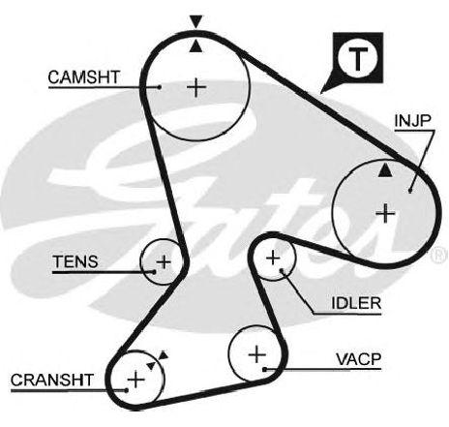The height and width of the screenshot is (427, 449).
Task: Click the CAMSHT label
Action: click(84, 77)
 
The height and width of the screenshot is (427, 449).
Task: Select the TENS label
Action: click(75, 261)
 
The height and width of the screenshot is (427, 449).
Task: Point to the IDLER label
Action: click(356, 303)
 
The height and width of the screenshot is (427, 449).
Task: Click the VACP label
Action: click(358, 359)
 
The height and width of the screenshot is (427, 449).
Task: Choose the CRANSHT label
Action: click(52, 381)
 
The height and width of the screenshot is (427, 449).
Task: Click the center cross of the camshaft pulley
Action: click(196, 87)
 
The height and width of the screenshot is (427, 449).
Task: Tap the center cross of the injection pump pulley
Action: click(385, 213)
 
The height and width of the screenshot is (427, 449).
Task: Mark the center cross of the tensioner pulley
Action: click(164, 261)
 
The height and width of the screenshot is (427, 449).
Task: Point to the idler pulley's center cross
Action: click(273, 258)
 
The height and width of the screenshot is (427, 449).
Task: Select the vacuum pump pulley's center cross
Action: click(257, 354)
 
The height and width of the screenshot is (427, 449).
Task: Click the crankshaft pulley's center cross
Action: click(135, 380)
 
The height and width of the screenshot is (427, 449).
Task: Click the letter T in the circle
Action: click(358, 59)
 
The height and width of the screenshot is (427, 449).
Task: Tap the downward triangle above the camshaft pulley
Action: click(196, 21)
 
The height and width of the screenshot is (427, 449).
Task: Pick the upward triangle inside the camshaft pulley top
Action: click(195, 46)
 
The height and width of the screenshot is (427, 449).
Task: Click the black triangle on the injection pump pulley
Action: click(385, 170)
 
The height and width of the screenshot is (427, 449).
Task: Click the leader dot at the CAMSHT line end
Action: click(160, 86)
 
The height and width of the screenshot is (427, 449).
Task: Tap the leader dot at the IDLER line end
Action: click(282, 270)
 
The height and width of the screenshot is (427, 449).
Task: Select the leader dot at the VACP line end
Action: click(264, 369)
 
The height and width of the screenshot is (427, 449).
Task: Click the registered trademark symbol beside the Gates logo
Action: click(439, 254)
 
